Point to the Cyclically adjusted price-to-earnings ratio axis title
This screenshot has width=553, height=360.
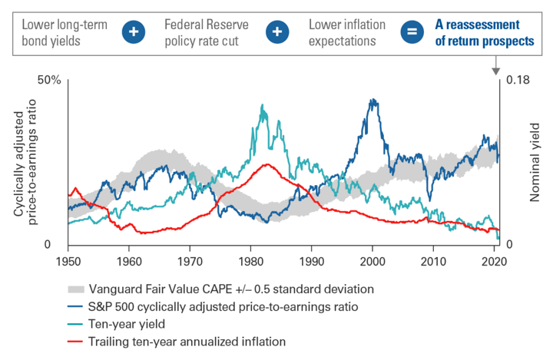(28, 162)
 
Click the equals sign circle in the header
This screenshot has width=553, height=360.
(411, 31)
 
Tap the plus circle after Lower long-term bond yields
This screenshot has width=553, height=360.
(136, 31)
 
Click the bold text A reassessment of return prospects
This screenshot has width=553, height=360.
(479, 31)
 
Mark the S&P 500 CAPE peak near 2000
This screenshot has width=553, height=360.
(373, 100)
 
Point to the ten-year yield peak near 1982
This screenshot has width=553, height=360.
(263, 106)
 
